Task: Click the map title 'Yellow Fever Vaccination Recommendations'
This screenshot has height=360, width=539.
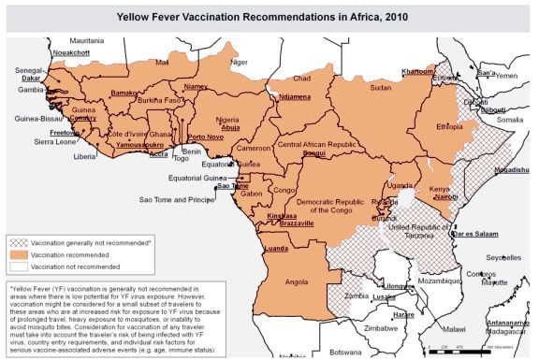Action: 269,16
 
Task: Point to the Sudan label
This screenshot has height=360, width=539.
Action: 381,87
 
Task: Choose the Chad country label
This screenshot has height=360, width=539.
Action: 301,79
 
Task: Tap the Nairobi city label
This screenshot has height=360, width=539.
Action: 445,197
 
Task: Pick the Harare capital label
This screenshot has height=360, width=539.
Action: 403,315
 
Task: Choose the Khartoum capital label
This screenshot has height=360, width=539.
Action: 417,71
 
